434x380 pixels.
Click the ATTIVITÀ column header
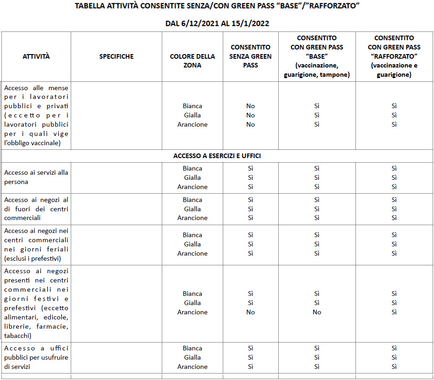tap(36, 56)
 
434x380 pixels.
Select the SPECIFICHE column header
tap(116, 56)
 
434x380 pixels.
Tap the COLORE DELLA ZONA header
tap(192, 61)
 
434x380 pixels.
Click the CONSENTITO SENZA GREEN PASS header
tap(251, 56)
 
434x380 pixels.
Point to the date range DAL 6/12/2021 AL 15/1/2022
tap(217, 23)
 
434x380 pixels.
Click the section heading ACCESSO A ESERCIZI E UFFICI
tap(217, 156)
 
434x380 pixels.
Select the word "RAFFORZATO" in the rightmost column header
tap(394, 56)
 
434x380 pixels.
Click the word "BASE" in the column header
tap(317, 56)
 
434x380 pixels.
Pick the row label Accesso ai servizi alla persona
tap(36, 177)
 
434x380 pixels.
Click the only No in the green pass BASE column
tap(317, 312)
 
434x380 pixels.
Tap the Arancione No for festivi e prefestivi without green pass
tap(251, 312)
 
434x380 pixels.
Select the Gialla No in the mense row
tap(251, 115)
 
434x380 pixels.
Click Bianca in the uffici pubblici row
tap(192, 348)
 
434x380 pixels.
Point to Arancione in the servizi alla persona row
tap(192, 187)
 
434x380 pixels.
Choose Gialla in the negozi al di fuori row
tap(192, 209)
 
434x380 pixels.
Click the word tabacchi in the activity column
tap(18, 336)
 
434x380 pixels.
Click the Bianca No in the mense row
tap(251, 106)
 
